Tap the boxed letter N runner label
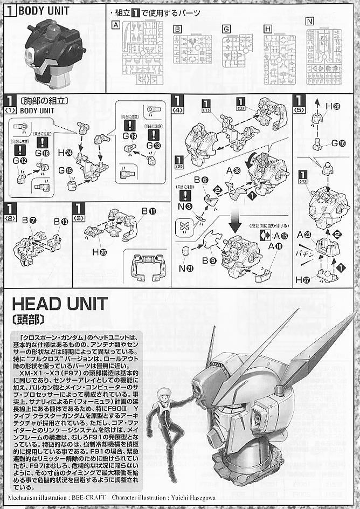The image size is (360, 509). pyautogui.click(x=309, y=22)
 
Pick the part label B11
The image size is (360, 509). pyautogui.click(x=148, y=211)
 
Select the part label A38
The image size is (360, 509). pyautogui.click(x=233, y=170)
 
